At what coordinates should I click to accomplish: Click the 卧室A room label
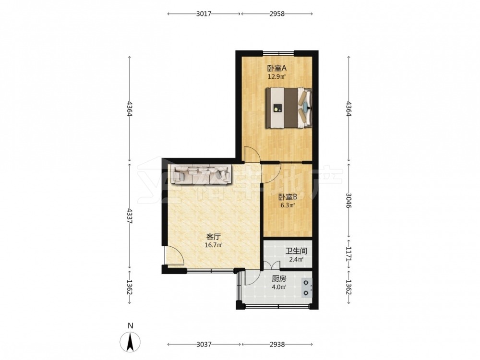tap(276, 68)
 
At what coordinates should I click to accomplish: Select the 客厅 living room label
tap(214, 237)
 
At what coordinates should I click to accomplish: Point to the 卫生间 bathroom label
tap(296, 252)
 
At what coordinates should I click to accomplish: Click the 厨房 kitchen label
tap(279, 279)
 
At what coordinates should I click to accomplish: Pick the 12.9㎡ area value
tap(277, 76)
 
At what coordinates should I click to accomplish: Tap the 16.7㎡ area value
tap(214, 245)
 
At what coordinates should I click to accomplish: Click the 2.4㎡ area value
tap(296, 260)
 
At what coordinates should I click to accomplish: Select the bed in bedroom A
tap(288, 108)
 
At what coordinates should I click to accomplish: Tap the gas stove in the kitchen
tap(306, 288)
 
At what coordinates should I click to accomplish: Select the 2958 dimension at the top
tap(277, 14)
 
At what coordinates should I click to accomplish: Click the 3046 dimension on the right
tap(349, 201)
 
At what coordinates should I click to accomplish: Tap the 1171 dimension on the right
tap(349, 254)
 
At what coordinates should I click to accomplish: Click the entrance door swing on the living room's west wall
tap(174, 255)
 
